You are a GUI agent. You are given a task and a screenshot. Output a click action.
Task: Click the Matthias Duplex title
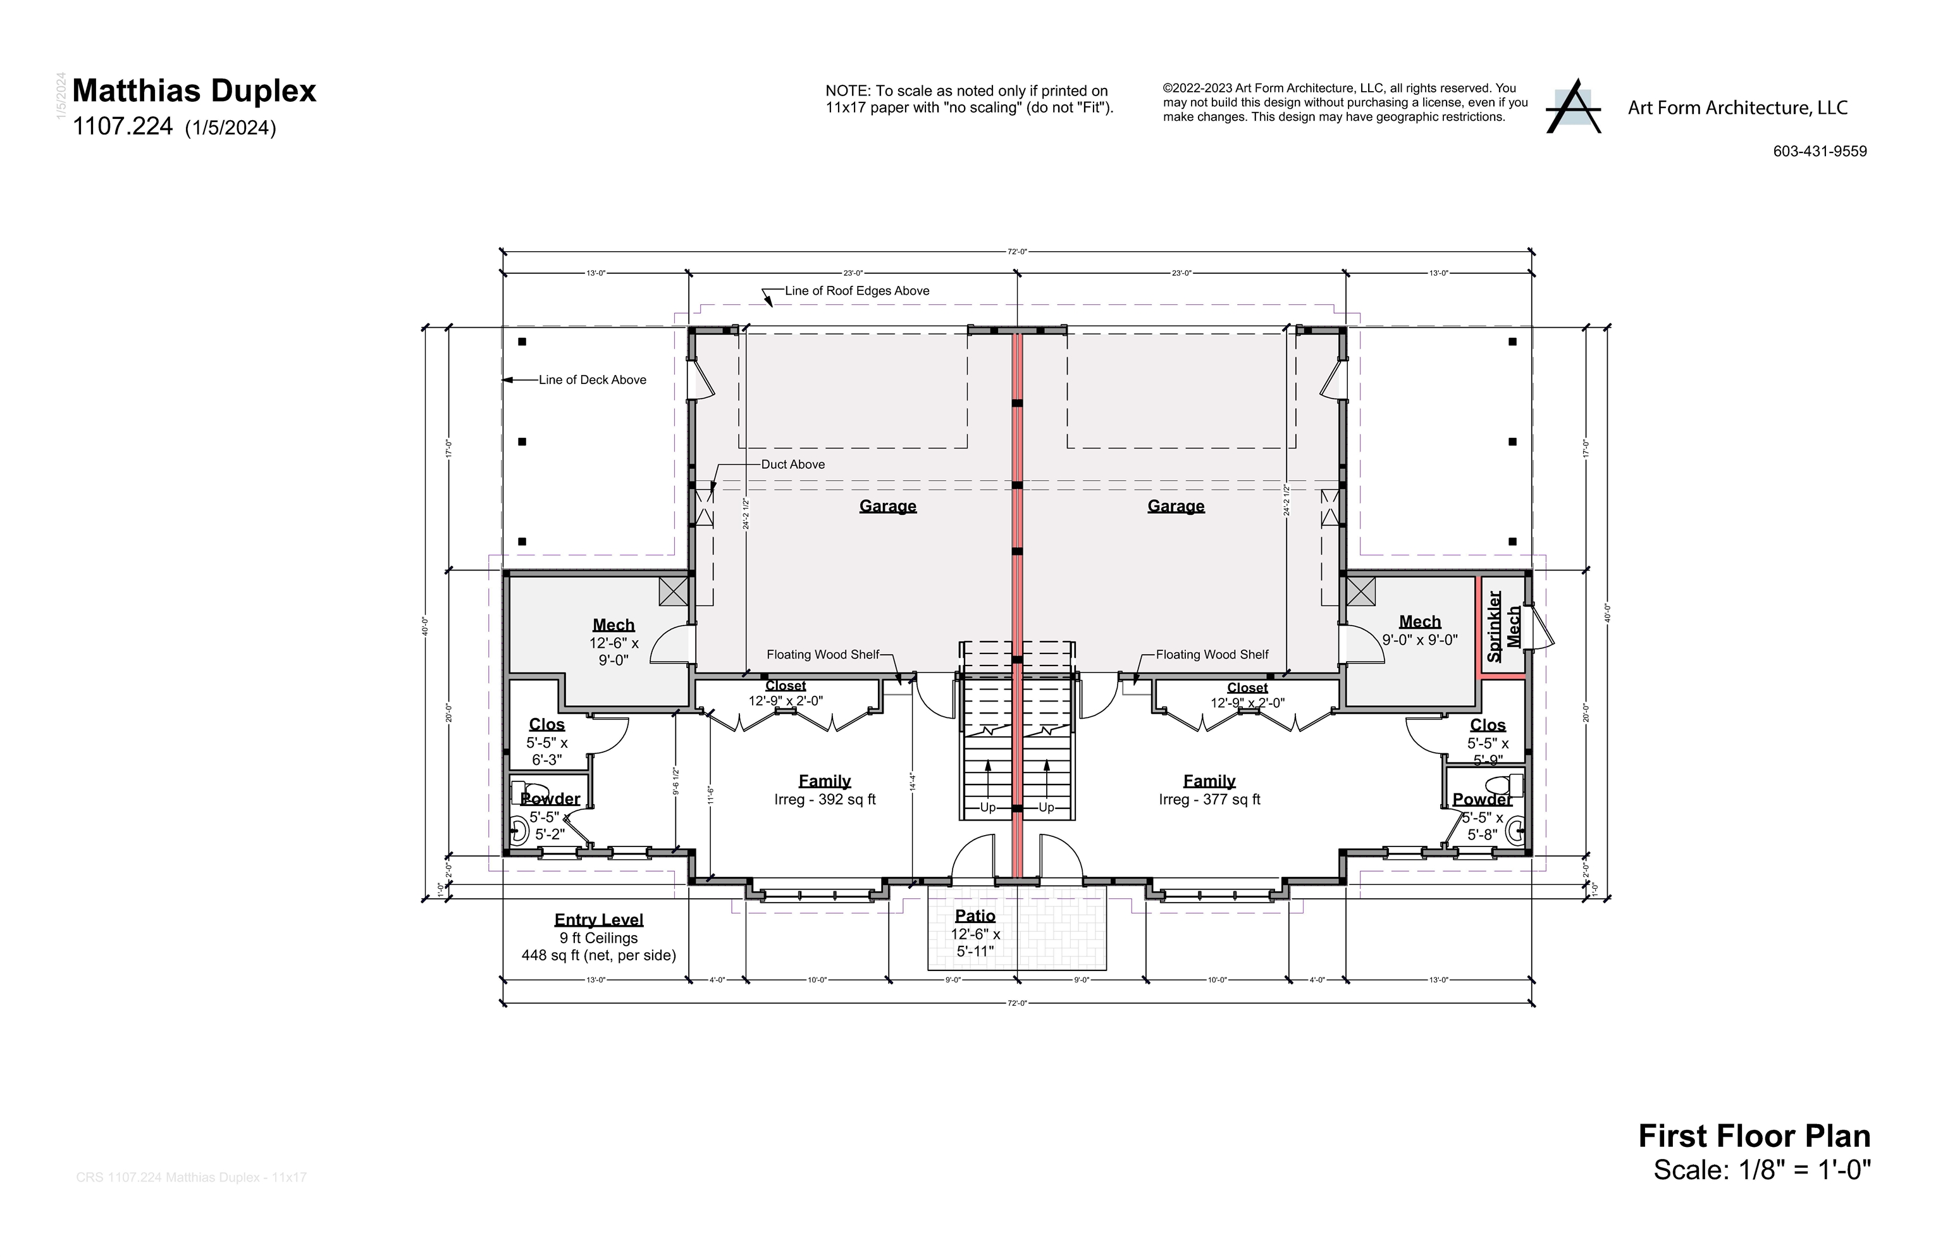(194, 90)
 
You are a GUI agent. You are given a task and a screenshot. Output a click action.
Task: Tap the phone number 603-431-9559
(1819, 151)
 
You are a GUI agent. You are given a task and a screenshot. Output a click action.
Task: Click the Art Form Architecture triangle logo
(1574, 107)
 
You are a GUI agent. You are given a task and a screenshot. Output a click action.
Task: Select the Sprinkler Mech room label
(1503, 626)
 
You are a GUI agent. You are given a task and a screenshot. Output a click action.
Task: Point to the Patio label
(975, 916)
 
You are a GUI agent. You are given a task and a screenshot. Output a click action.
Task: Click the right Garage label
(1175, 506)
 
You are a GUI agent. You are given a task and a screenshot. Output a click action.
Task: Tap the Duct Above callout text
(793, 464)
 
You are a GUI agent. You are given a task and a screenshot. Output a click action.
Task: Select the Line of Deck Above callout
(591, 380)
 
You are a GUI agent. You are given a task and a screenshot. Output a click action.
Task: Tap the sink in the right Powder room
(1516, 831)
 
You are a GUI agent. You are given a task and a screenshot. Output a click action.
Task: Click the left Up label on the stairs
(987, 807)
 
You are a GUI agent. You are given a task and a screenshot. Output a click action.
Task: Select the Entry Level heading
(598, 920)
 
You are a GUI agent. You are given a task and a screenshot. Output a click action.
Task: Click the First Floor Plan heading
(1754, 1136)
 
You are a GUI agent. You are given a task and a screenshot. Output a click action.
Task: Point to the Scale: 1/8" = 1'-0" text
(1761, 1170)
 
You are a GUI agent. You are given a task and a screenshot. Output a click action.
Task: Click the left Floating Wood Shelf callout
(823, 655)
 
